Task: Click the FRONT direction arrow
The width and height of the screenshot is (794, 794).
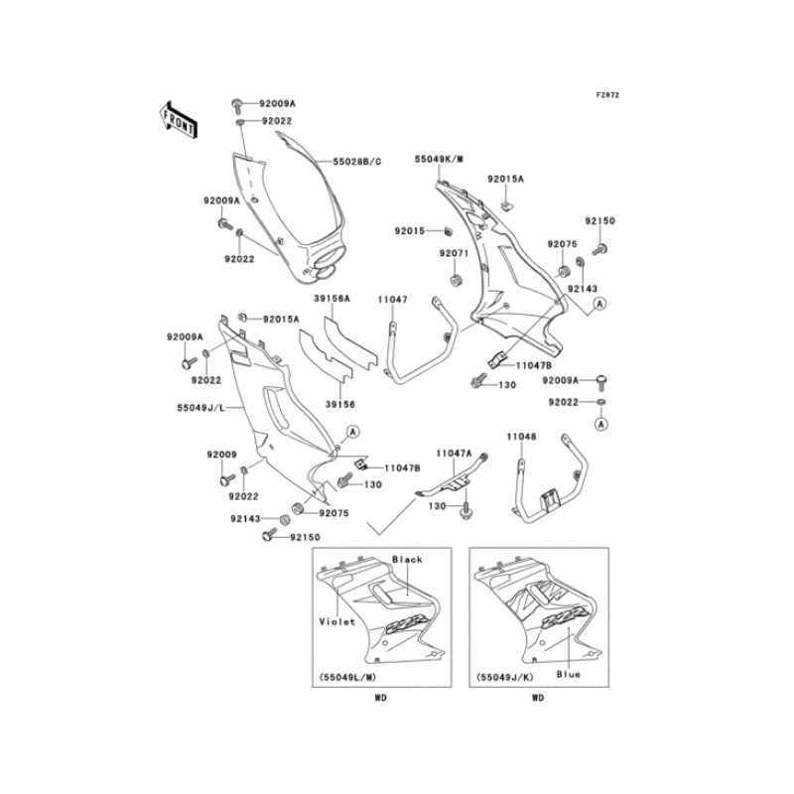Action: click(178, 118)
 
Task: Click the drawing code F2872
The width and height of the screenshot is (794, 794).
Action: click(607, 95)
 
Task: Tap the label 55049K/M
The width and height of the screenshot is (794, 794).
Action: click(440, 159)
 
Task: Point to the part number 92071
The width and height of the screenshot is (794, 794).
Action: click(454, 254)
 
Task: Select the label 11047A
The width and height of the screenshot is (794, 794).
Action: click(456, 453)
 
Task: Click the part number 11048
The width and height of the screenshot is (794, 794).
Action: click(522, 436)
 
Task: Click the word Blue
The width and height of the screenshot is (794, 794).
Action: click(568, 674)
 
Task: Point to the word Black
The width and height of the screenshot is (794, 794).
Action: click(408, 561)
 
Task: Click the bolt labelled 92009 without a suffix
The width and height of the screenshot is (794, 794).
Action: click(223, 479)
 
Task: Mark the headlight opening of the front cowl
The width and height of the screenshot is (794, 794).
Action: click(329, 262)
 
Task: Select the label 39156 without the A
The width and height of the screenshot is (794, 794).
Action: click(340, 405)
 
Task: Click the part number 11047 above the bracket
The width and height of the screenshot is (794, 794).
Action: click(392, 299)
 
